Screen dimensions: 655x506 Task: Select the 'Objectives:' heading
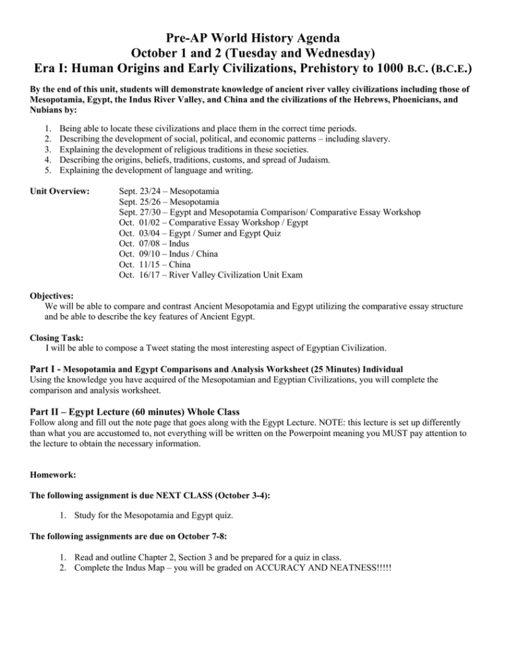tap(52, 296)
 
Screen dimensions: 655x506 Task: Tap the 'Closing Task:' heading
tap(58, 337)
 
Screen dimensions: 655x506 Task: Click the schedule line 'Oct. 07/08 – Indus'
tap(153, 242)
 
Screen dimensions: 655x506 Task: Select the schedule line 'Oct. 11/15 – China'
tap(154, 265)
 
